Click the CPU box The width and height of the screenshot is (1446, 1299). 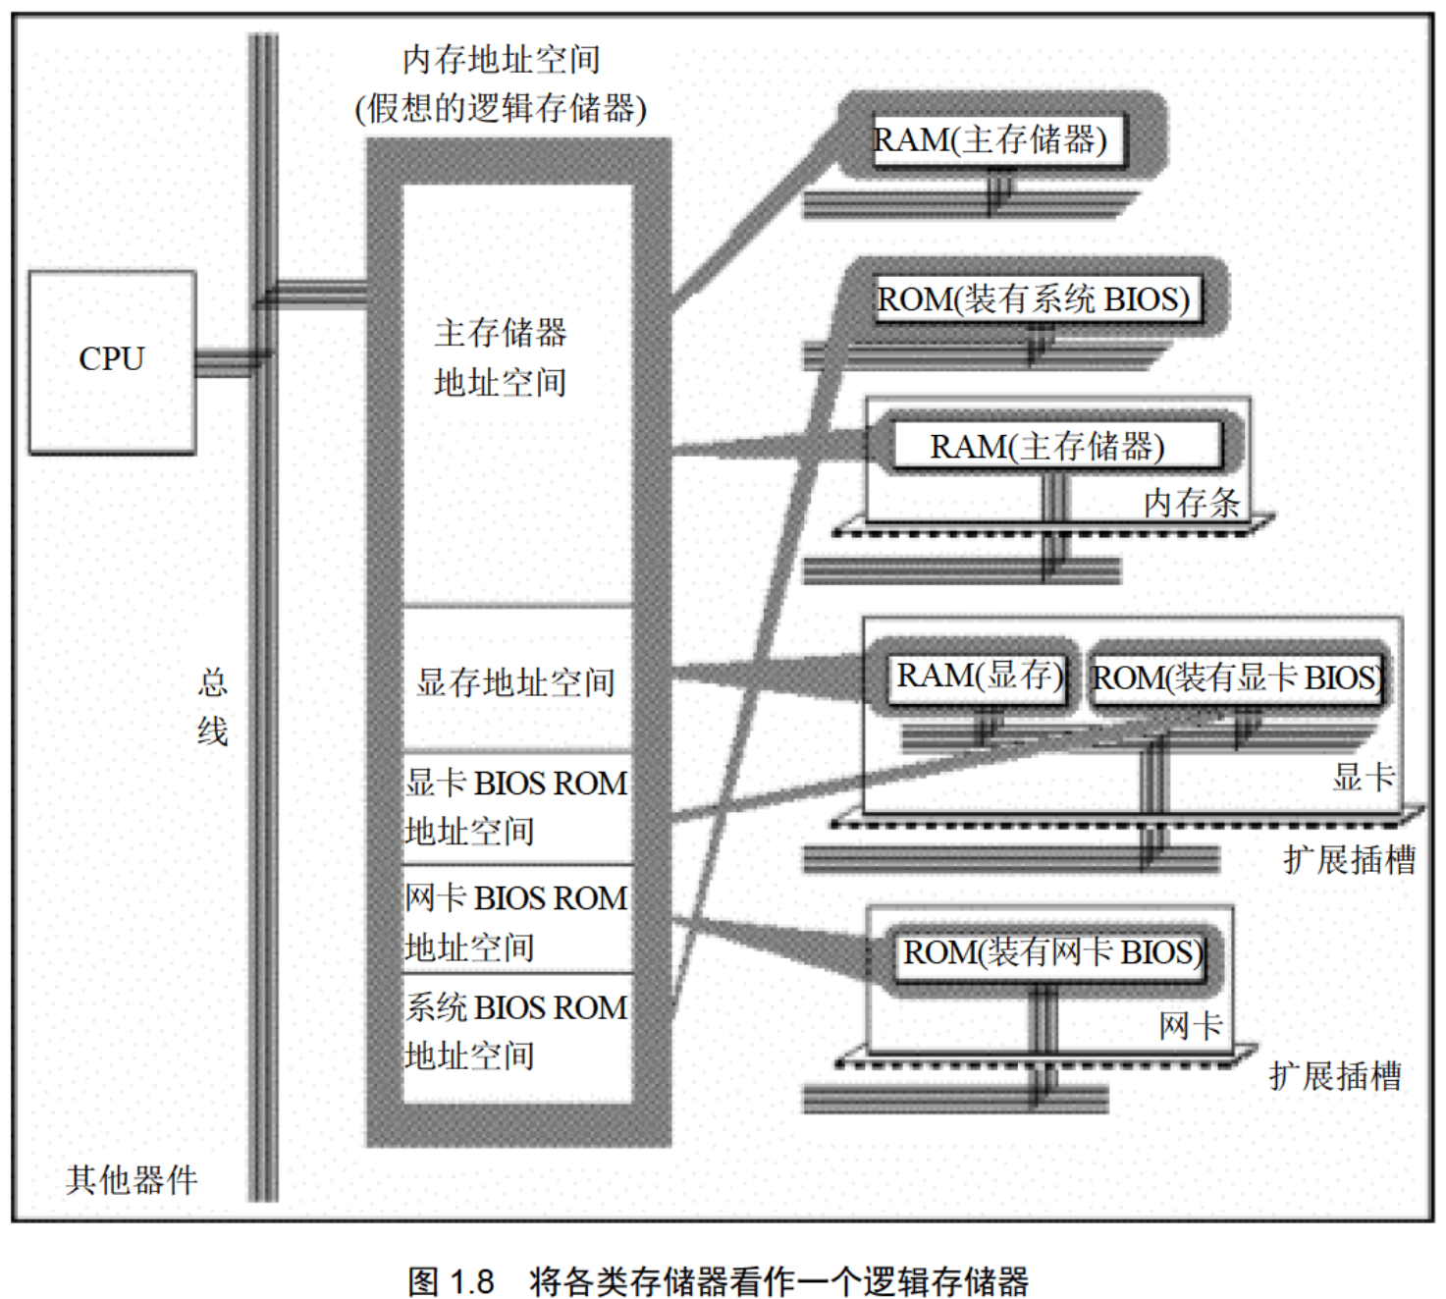[x=112, y=360]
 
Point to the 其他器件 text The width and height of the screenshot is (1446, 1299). [x=132, y=1179]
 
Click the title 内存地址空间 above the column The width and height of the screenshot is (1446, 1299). [x=501, y=60]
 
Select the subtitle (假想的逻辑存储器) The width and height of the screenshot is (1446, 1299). [x=501, y=108]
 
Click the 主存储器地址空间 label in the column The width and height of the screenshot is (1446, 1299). [x=501, y=357]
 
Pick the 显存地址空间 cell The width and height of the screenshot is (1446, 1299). [x=516, y=681]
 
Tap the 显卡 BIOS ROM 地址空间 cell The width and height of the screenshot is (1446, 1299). [x=516, y=807]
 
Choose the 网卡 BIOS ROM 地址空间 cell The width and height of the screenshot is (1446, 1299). [x=516, y=922]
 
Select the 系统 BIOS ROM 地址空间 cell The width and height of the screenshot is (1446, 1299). [x=516, y=1032]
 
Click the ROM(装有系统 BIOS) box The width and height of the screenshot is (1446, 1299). [x=1033, y=298]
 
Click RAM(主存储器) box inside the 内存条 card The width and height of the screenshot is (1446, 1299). [x=1047, y=447]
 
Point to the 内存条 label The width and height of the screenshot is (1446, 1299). [x=1191, y=504]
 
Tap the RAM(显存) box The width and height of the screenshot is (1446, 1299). [x=979, y=677]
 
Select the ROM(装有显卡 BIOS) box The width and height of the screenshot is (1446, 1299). [x=1237, y=677]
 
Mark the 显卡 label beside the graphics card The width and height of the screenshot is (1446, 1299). [x=1363, y=778]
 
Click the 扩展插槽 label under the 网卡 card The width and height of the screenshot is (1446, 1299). [x=1335, y=1076]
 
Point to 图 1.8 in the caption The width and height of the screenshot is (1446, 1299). [x=451, y=1280]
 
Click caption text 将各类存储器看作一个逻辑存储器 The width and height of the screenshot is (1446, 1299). [x=778, y=1280]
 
